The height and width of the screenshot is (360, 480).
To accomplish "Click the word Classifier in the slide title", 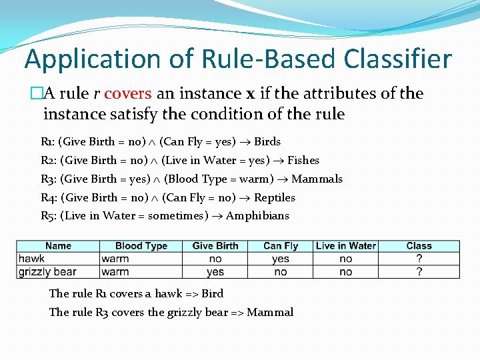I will coord(397,59).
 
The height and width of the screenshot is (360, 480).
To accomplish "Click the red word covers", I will coord(128,93).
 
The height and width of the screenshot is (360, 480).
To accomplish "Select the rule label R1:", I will coord(49,141).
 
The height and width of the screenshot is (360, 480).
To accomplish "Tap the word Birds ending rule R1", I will coord(267,141).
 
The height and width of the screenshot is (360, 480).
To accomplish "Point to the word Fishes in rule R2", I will coord(303,160).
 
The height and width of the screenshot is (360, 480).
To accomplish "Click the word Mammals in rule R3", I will coord(317,179).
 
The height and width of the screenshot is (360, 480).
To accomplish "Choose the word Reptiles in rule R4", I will coord(275,197).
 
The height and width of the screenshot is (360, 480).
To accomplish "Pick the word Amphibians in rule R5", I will coord(258,215).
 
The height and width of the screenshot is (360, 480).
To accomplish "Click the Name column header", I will coord(58,246).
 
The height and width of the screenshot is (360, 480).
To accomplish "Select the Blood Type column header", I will coord(141,246).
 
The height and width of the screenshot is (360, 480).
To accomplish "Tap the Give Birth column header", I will coord(215,246).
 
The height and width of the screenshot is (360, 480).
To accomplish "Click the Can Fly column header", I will coord(281,246).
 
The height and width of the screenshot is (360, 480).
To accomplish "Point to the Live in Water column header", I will coord(346,246).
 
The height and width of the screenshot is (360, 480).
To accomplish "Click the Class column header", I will coord(419,246).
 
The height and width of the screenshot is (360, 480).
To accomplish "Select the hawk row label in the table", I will coord(32,259).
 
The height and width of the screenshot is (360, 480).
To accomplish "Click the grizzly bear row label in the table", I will coord(47,271).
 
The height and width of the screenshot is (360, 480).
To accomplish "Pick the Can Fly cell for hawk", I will coord(281,259).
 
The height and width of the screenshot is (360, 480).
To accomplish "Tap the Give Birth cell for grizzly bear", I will coord(215,271).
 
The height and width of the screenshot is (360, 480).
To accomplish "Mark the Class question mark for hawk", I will coord(419,259).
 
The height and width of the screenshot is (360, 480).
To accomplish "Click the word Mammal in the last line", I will coord(270,312).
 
